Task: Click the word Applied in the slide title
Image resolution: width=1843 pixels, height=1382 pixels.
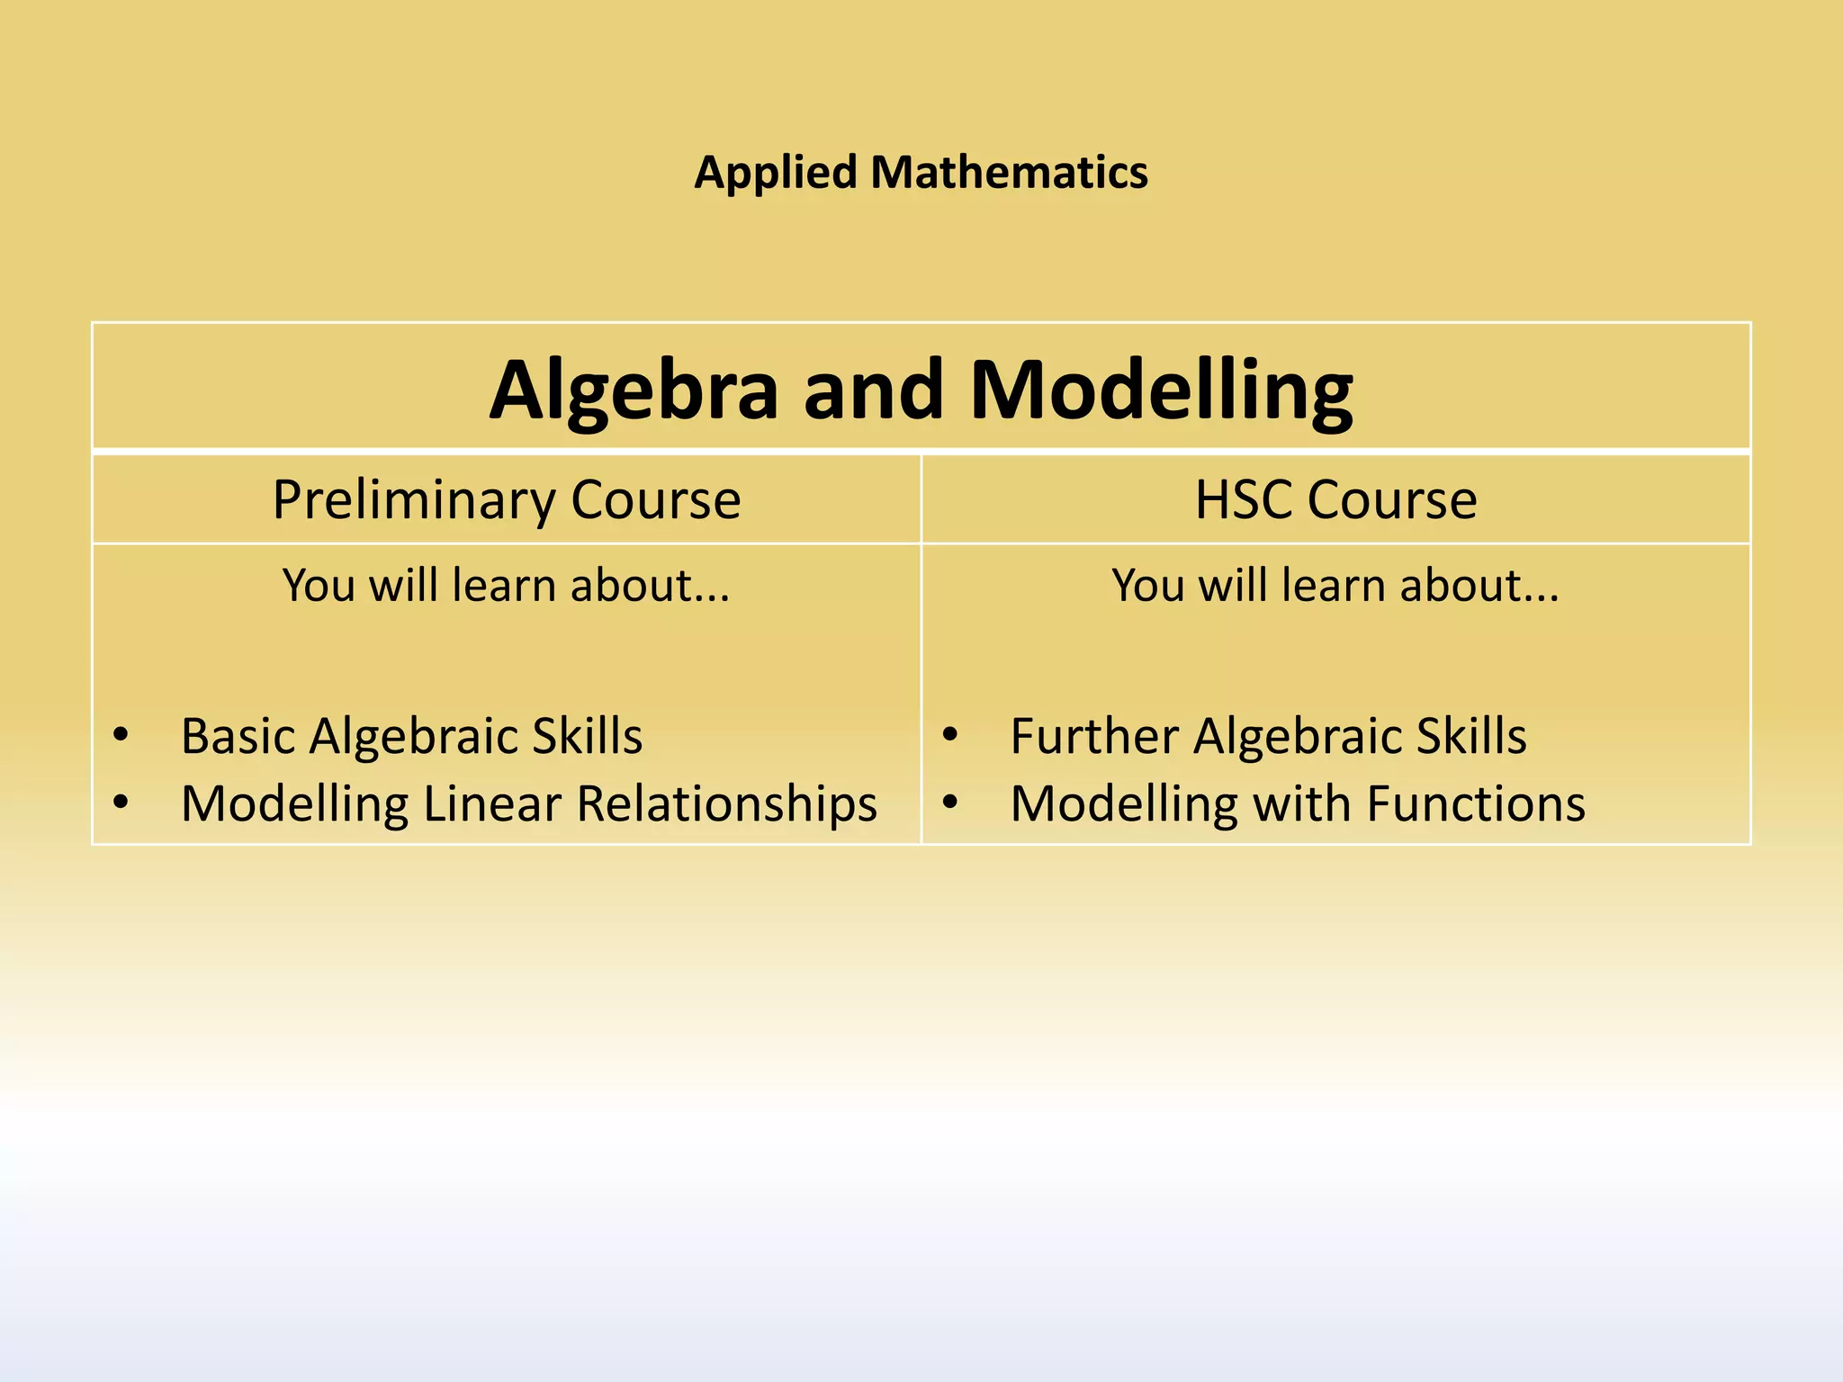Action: coord(775,173)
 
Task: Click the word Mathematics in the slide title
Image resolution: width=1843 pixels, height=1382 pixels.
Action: coord(1009,172)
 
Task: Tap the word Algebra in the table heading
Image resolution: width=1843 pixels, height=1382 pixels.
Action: coord(634,390)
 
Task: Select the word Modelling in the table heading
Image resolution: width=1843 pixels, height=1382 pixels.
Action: coord(1161,390)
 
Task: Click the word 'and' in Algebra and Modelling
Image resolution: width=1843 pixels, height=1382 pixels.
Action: coord(873,390)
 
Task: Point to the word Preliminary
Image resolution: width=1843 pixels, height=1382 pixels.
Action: coord(413,500)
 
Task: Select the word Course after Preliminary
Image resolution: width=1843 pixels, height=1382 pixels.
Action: coord(655,500)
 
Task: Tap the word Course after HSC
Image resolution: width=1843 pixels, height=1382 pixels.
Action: coord(1392,500)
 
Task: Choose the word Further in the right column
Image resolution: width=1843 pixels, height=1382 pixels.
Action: coord(1094,736)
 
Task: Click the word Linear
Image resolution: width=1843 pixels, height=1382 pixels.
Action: coord(492,803)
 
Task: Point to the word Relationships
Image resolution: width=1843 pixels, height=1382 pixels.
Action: coord(726,803)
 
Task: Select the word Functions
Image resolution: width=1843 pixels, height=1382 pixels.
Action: coord(1476,803)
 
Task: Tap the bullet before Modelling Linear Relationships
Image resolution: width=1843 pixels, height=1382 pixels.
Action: coord(121,802)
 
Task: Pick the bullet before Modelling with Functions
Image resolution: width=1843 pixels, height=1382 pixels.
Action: coord(950,802)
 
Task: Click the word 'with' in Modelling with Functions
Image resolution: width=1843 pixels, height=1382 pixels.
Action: coord(1302,803)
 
